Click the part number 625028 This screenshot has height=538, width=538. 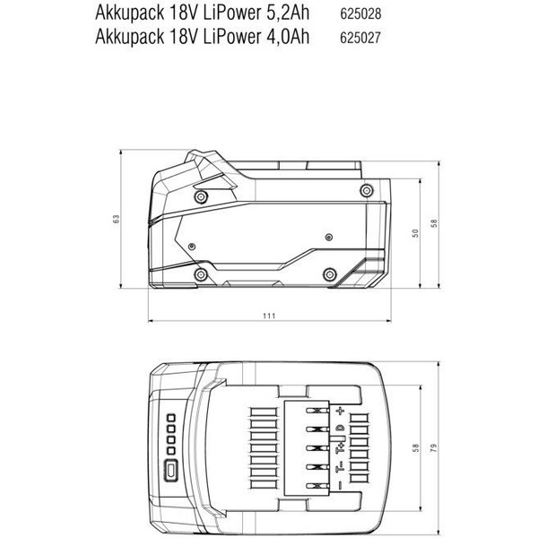pos(361,14)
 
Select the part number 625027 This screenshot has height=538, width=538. pos(361,37)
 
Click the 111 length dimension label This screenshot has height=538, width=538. pos(269,316)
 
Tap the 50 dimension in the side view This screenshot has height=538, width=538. pos(415,233)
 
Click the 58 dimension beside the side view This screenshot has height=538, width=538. pos(433,223)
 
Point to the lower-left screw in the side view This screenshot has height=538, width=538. pos(198,273)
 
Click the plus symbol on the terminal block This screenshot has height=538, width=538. pos(340,410)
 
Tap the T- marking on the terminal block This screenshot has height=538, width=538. pos(340,466)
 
